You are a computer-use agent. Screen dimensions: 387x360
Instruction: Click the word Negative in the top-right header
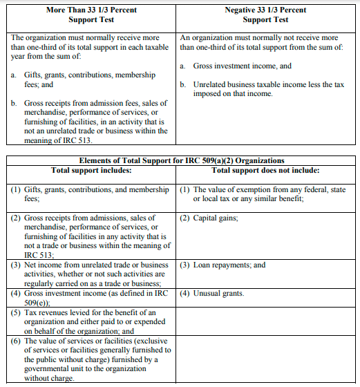tap(243, 10)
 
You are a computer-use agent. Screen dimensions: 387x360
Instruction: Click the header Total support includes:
tap(91, 170)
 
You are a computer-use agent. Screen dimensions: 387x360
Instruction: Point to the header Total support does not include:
tap(265, 170)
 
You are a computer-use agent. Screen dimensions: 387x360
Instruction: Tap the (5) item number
tap(15, 312)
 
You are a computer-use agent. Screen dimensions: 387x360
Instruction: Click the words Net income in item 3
tap(42, 265)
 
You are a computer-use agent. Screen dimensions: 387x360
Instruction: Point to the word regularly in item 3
tap(41, 283)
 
